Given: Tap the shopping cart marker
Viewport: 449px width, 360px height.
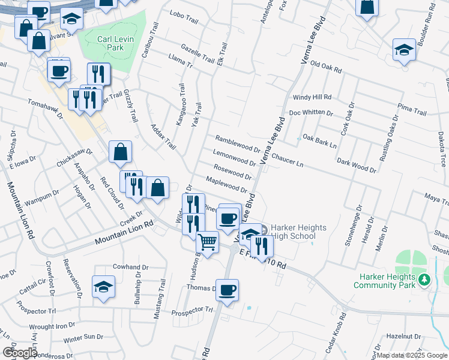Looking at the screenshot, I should pos(208,242).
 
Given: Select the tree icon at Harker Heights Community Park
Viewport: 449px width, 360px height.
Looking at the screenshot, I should pos(424,279).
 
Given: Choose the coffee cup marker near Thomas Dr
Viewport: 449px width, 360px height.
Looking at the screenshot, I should pos(227,290).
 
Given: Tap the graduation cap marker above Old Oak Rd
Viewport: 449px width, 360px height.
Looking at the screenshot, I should pos(405,50).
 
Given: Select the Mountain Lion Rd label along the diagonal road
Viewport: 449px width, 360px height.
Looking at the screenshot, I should pos(124,233).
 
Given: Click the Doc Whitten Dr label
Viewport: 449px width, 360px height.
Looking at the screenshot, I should pos(310,112).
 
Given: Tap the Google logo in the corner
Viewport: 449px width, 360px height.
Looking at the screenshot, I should pos(20,353).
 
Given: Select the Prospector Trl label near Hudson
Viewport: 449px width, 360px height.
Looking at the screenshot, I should pos(192,311).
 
